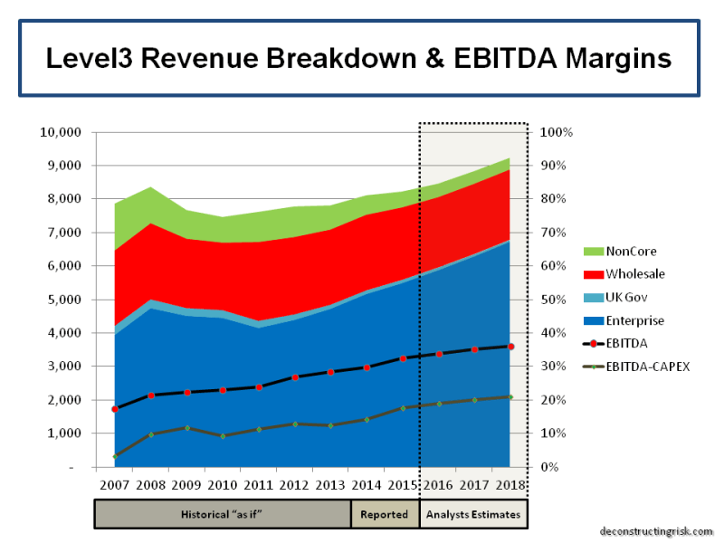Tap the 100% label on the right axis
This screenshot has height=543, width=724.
556,132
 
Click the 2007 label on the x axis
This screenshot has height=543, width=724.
114,485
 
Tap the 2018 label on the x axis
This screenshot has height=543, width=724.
510,485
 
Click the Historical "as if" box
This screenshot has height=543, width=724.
223,514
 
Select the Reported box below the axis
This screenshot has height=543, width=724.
385,514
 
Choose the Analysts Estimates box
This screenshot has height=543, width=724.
473,514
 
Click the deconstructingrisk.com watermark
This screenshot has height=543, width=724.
656,532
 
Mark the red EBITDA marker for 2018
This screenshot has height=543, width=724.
510,347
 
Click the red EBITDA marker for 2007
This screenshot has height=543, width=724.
114,409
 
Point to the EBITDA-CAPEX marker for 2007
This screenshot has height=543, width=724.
114,456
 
